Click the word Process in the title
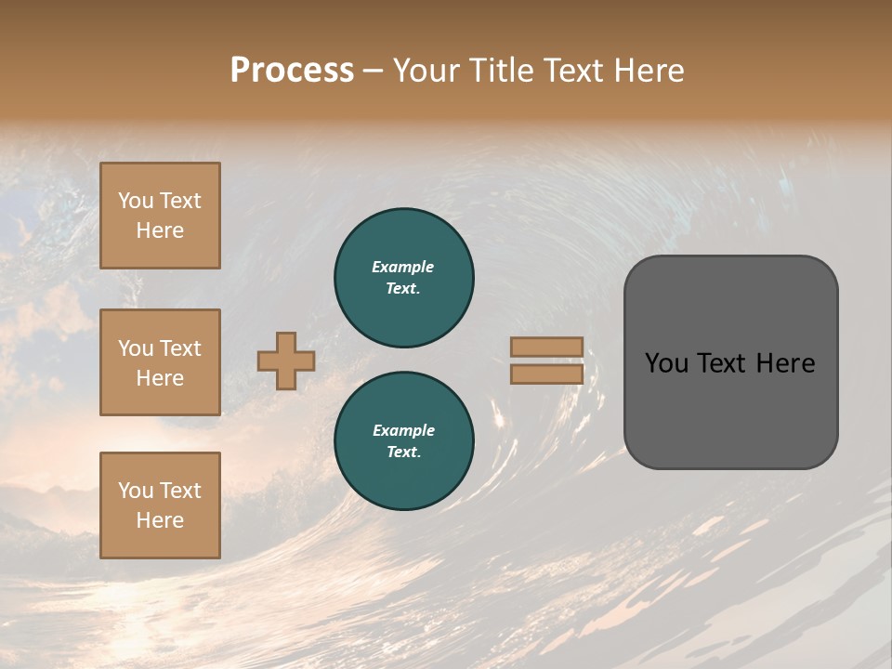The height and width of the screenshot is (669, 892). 292,70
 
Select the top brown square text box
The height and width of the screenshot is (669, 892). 160,216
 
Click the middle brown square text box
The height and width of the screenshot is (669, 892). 160,362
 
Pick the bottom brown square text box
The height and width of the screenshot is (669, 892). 160,505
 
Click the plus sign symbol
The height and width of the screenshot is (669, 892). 286,361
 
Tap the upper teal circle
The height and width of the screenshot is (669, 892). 404,278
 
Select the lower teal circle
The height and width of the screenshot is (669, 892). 404,441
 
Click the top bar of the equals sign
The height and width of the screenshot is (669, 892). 546,347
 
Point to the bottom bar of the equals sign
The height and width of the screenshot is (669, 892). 546,374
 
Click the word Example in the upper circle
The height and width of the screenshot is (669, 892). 403,267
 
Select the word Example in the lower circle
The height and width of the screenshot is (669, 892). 403,430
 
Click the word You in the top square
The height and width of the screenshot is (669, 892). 136,201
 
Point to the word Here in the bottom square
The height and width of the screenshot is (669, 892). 160,520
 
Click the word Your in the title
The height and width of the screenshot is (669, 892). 426,70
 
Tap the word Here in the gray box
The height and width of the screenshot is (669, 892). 786,363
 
